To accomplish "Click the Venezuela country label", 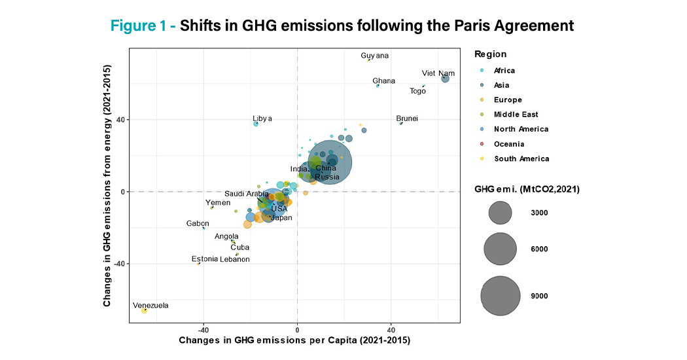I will (x=150, y=305).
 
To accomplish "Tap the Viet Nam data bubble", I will (x=445, y=79).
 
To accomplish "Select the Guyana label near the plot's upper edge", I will (x=375, y=56).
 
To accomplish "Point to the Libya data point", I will (x=256, y=124).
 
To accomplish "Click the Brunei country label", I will (x=407, y=118).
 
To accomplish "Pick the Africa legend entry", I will (x=504, y=71).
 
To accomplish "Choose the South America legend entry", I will (x=521, y=159).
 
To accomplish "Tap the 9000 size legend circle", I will (x=501, y=296).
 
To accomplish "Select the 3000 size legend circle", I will (x=501, y=213).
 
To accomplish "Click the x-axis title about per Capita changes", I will (x=294, y=342).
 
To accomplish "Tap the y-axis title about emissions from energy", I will (x=107, y=185).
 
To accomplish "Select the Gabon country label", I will (x=198, y=223).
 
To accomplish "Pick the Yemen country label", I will (x=218, y=203).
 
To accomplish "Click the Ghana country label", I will (x=384, y=81).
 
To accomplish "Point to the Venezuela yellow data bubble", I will (x=144, y=310).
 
